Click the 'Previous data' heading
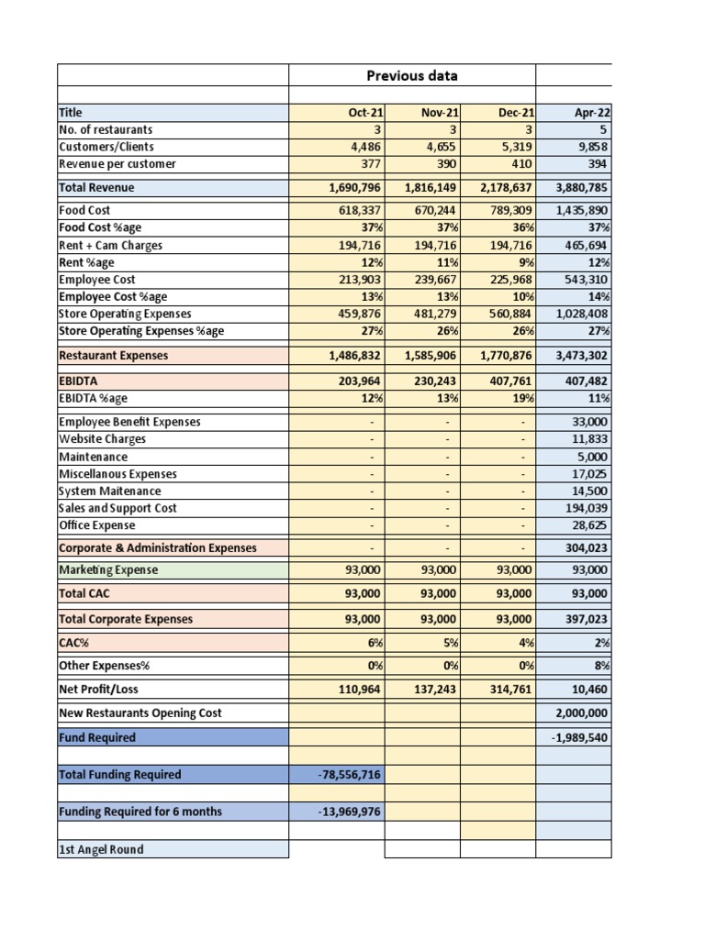[x=412, y=75]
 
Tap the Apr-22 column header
[x=592, y=113]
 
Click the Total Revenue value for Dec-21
[x=498, y=188]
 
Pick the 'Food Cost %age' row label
[x=100, y=227]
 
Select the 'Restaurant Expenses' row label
[x=113, y=356]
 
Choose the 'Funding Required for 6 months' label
[x=140, y=812]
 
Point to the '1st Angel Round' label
[x=101, y=850]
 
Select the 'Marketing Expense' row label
[x=108, y=570]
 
